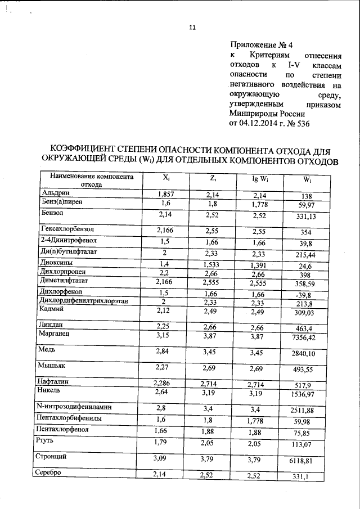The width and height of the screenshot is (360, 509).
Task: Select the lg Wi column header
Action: click(x=259, y=180)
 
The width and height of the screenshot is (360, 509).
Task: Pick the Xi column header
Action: click(x=166, y=178)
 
